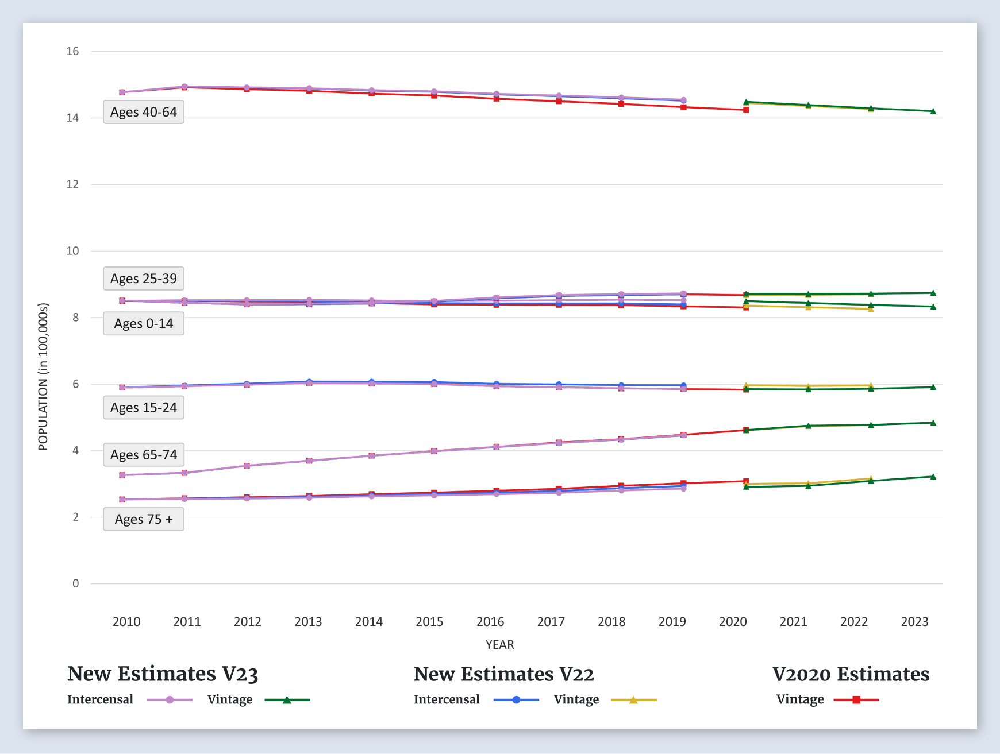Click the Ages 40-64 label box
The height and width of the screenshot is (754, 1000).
pos(144,112)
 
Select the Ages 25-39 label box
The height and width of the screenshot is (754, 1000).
pos(144,279)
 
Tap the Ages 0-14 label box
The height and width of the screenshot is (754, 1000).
pos(144,323)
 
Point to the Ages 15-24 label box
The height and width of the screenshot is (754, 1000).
pos(144,408)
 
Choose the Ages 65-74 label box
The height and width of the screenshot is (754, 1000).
pos(144,455)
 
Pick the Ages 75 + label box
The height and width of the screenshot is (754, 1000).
pos(144,519)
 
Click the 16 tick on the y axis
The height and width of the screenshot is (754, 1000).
pos(72,51)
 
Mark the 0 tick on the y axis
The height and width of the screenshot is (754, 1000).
pos(75,583)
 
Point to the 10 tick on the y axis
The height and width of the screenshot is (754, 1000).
pos(72,251)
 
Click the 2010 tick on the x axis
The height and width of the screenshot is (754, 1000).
pos(126,621)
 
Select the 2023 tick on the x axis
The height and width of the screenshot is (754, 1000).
pos(914,621)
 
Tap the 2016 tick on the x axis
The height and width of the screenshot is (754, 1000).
pos(490,621)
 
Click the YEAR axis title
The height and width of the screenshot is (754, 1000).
pos(499,644)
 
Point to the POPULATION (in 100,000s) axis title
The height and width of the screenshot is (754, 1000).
pos(43,377)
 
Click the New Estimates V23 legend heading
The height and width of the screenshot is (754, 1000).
pos(163,674)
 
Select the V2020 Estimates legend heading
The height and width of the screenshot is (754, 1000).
pos(851,674)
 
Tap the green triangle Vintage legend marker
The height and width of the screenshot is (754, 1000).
pos(287,700)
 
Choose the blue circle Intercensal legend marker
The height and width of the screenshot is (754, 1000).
pos(516,700)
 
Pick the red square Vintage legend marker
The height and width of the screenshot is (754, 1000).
pos(856,700)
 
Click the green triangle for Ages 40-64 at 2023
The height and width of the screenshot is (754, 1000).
pos(933,111)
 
